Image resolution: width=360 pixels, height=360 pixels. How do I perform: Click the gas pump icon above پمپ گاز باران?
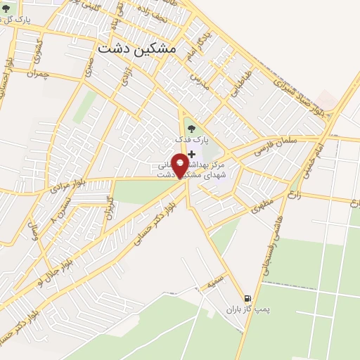[x=246, y=297]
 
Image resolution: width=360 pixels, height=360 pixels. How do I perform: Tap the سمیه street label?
[x=213, y=283]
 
